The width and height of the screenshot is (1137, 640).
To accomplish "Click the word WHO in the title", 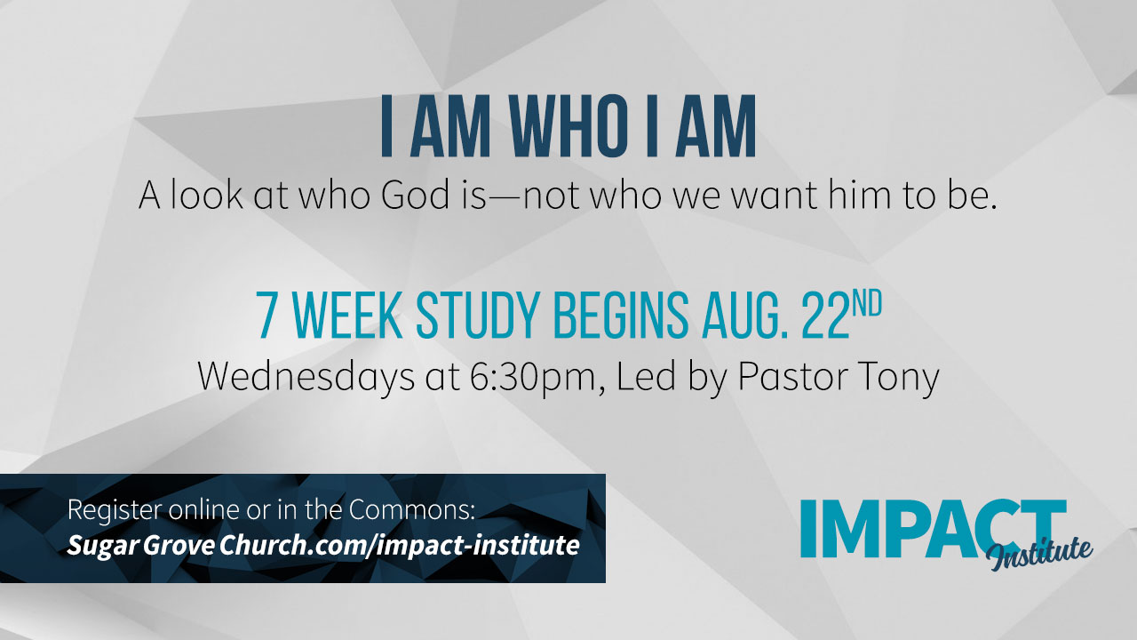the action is click(568, 125).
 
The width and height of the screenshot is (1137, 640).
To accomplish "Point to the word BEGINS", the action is click(621, 315).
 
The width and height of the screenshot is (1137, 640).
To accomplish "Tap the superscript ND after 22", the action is click(866, 304).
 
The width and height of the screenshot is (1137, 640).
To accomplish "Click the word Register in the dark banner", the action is click(115, 510).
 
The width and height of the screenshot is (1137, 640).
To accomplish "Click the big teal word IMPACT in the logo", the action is click(933, 528).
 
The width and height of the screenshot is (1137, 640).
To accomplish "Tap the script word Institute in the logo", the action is click(1038, 554).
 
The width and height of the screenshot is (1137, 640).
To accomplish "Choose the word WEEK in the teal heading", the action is click(347, 315).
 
